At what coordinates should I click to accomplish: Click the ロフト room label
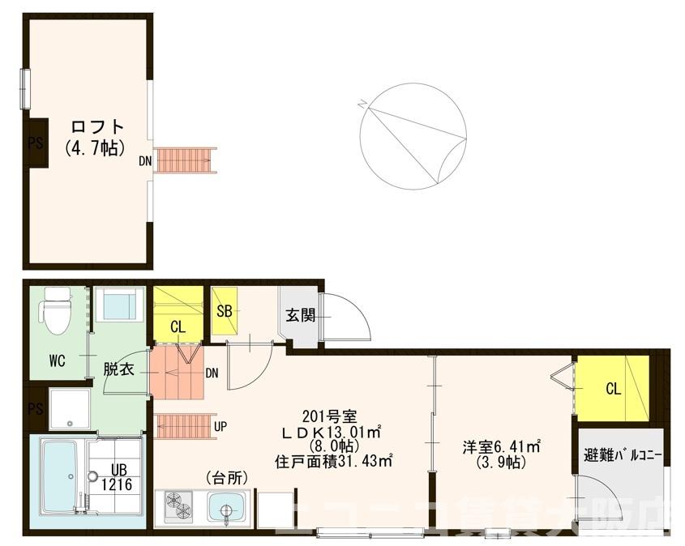click(97, 126)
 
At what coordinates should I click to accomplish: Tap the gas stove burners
click(179, 506)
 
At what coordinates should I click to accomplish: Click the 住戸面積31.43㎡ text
click(333, 461)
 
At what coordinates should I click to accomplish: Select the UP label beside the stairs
click(220, 425)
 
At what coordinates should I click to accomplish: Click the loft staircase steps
click(186, 160)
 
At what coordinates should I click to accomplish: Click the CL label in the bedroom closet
click(613, 389)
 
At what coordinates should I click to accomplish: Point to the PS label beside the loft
click(36, 143)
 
